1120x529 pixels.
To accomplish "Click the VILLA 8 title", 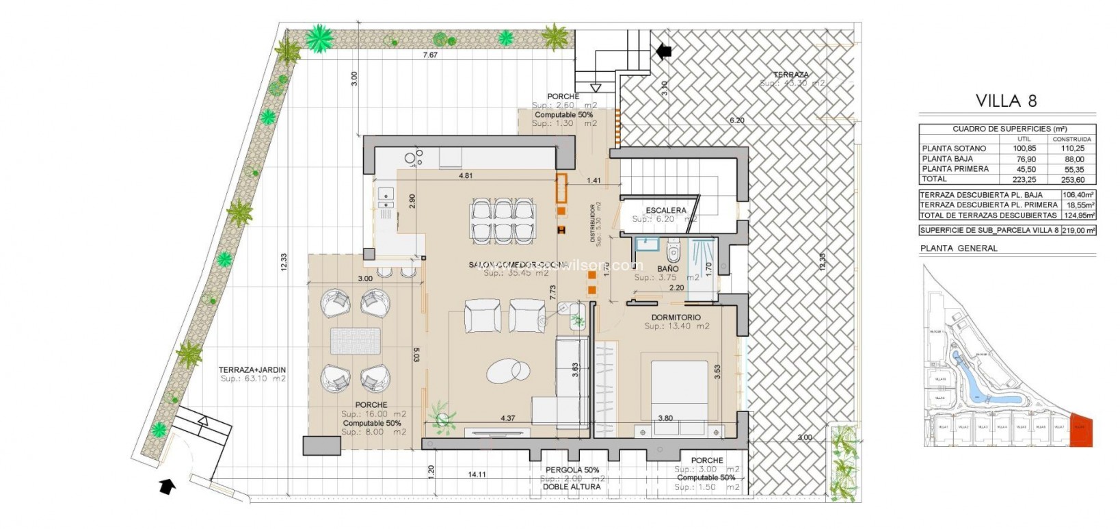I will [x=1006, y=101].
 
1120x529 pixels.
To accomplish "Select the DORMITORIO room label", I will [x=676, y=318].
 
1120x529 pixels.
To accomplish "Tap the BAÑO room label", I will [x=667, y=269].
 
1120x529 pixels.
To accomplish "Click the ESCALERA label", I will [x=665, y=210].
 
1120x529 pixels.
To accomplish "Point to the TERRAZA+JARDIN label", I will [x=252, y=370].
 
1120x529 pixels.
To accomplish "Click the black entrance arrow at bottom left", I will [x=166, y=486].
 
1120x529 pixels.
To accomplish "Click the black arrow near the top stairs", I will [x=663, y=51].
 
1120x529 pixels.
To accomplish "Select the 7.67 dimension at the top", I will [x=429, y=55].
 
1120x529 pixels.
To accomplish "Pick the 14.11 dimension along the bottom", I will [x=477, y=474].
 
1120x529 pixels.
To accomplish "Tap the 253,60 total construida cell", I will [x=1072, y=179].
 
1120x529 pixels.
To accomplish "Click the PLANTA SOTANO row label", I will [x=954, y=149].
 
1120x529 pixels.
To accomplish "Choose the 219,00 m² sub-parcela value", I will [x=1078, y=231].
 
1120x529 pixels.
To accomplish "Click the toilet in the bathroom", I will [x=674, y=253].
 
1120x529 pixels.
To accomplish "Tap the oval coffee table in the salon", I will [x=509, y=370].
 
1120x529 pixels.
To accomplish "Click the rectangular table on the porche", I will [x=356, y=341].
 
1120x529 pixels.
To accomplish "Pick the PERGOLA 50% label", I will [x=572, y=470].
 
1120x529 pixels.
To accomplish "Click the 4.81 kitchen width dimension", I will [x=465, y=176].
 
